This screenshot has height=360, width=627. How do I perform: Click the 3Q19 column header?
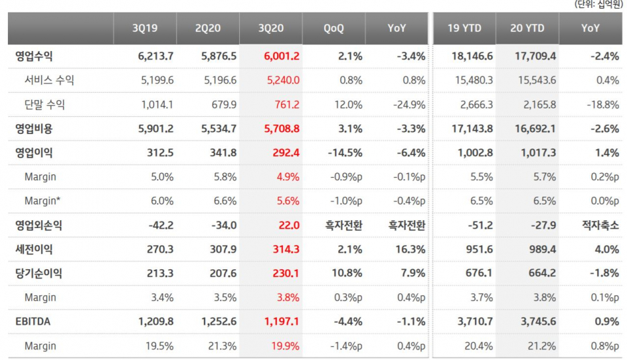(x=144, y=29)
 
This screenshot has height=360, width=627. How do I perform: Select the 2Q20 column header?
(x=207, y=29)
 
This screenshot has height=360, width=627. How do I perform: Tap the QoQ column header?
(x=333, y=29)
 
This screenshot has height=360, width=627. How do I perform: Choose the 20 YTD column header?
(x=527, y=29)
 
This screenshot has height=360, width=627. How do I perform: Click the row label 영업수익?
(x=34, y=56)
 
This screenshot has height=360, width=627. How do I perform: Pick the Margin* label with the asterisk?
(x=43, y=201)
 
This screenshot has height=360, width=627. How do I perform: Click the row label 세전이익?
(x=34, y=249)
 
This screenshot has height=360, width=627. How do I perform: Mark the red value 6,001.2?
(x=281, y=56)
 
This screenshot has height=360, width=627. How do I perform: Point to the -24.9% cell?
(x=410, y=105)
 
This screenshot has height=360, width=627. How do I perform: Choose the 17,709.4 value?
(x=535, y=56)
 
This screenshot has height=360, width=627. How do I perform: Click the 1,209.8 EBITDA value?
(x=155, y=321)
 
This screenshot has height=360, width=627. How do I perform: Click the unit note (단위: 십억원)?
(x=598, y=5)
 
